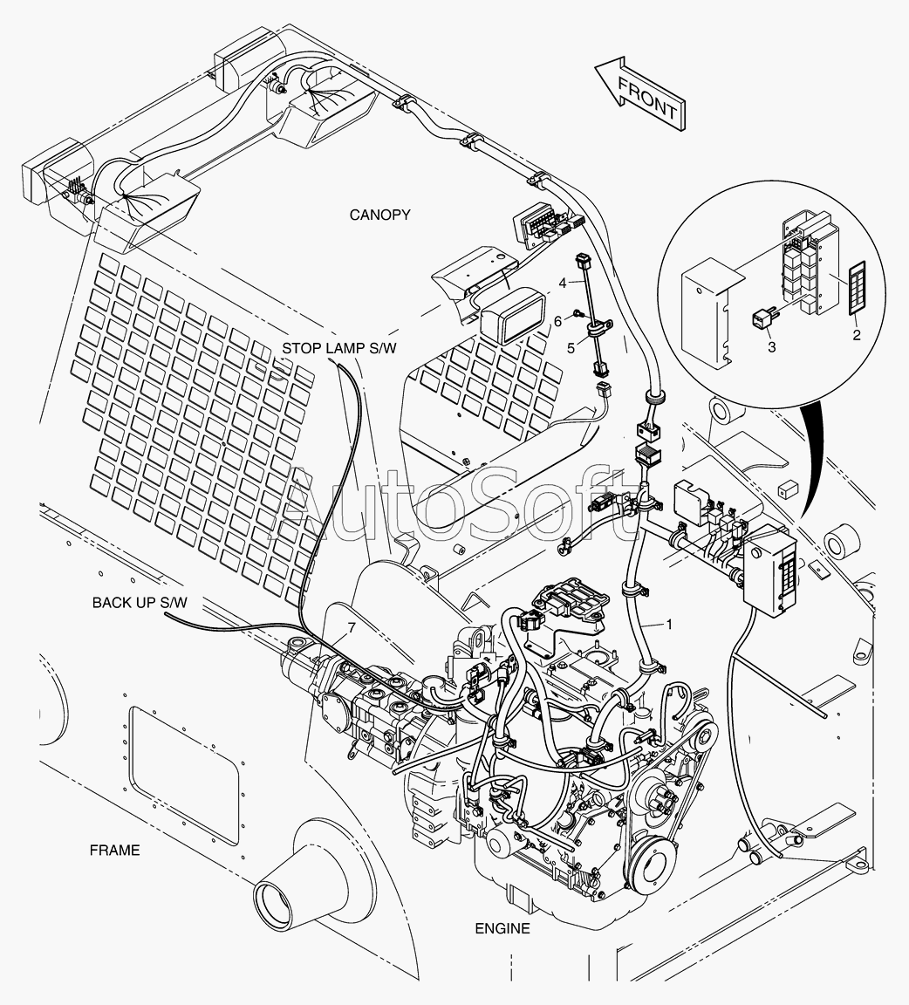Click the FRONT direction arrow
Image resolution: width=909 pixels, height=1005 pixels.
pos(639,95)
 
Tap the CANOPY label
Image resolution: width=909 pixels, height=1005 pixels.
pos(379,215)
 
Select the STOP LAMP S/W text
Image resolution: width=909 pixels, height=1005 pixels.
pos(339,348)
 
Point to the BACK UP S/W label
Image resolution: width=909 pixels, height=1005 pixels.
pos(140,603)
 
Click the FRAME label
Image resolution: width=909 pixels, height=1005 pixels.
pos(115,850)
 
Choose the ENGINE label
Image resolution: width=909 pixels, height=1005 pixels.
pos(502,928)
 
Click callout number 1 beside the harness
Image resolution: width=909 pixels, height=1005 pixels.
pos(669,624)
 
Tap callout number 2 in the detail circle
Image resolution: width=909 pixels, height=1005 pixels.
pos(857,335)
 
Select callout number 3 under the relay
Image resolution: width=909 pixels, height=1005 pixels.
pos(772,346)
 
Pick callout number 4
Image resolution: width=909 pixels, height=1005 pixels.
pos(562,283)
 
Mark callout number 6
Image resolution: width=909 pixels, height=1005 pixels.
pos(557,321)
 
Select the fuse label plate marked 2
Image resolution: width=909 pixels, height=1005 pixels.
pos(857,291)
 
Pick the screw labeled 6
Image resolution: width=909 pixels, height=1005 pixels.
pos(579,313)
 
